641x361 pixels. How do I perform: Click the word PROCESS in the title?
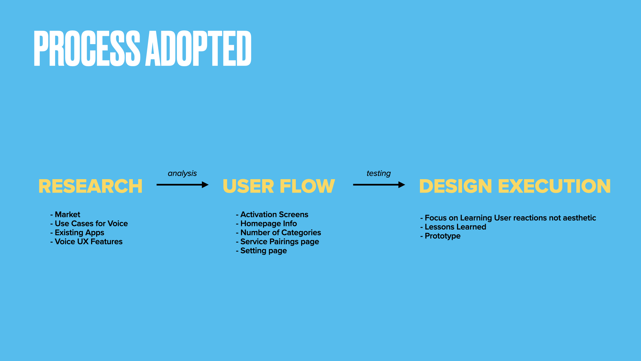pos(87,48)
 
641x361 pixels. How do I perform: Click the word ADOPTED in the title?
pos(198,48)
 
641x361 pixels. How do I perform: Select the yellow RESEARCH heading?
pos(90,186)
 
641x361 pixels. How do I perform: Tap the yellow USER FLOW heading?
pos(279,186)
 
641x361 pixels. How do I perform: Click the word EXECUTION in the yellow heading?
pos(554,186)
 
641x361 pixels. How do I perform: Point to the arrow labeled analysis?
pos(182,185)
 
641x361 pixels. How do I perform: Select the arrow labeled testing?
pos(379,185)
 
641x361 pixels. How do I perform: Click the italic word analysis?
pos(182,173)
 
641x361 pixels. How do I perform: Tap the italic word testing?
pos(379,173)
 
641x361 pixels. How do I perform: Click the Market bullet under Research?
pos(67,215)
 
